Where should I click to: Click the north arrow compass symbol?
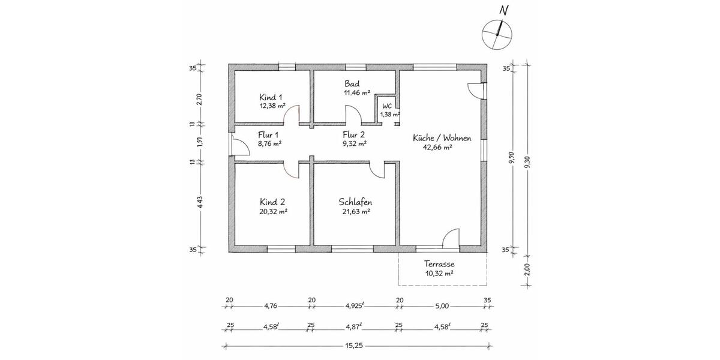pyautogui.click(x=497, y=32)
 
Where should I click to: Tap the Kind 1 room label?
pyautogui.click(x=271, y=97)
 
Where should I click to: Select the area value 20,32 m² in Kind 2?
pyautogui.click(x=273, y=211)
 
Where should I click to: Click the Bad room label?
pyautogui.click(x=351, y=83)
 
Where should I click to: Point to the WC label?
pyautogui.click(x=387, y=106)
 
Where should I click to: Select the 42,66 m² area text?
pyautogui.click(x=437, y=147)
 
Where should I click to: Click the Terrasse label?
pyautogui.click(x=439, y=264)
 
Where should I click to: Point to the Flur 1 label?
pyautogui.click(x=269, y=134)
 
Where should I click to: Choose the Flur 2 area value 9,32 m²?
pyautogui.click(x=354, y=144)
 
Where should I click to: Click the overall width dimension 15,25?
pyautogui.click(x=358, y=346)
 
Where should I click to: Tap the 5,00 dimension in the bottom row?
pyautogui.click(x=441, y=306)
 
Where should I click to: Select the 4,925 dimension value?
pyautogui.click(x=355, y=306)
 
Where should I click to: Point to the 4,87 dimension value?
pyautogui.click(x=354, y=327)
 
